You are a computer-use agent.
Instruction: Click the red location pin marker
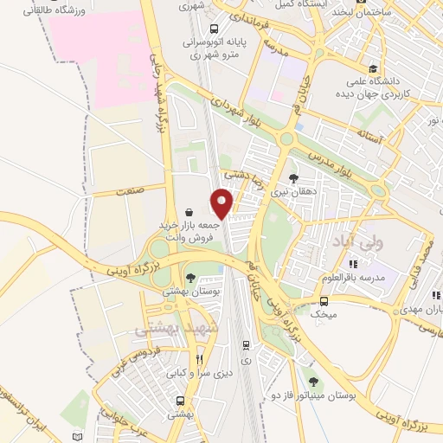(222, 202)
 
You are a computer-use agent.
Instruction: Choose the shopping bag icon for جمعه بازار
(189, 212)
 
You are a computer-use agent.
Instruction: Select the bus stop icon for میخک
(324, 301)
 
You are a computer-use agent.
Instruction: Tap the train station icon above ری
(245, 343)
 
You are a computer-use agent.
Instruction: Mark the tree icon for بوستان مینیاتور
(314, 380)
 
